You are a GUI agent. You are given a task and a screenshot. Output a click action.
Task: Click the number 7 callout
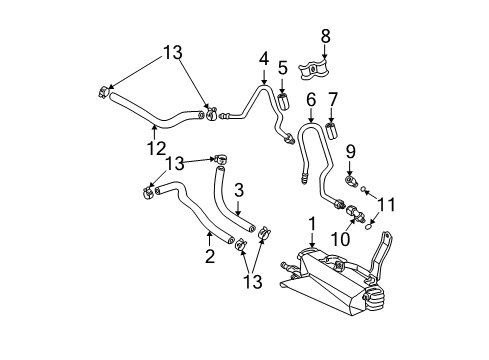click(x=334, y=100)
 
